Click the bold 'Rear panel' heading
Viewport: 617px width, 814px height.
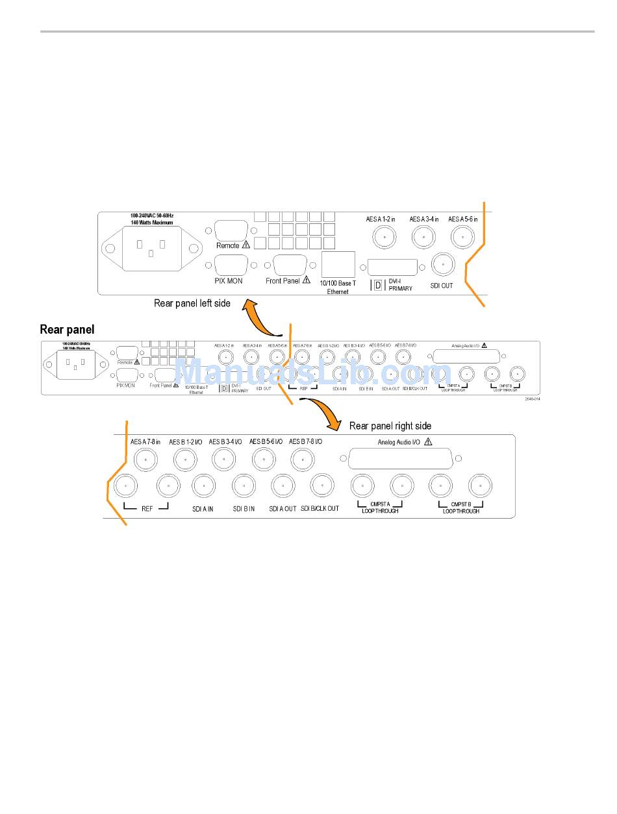(67, 329)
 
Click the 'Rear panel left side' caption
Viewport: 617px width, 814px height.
(192, 303)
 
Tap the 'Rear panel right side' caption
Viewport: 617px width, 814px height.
(390, 426)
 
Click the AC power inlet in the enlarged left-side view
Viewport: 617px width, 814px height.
(150, 248)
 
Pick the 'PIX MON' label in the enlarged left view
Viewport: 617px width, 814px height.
(229, 281)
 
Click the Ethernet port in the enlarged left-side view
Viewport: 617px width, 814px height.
(338, 265)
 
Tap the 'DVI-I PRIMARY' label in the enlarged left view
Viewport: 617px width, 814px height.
(400, 284)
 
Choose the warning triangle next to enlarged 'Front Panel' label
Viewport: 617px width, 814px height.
(307, 280)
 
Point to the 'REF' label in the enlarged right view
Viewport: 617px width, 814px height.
(147, 509)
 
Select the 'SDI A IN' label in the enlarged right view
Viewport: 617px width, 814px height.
(203, 509)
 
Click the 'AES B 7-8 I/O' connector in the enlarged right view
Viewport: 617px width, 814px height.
(302, 460)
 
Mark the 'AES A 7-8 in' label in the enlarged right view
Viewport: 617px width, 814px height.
(145, 442)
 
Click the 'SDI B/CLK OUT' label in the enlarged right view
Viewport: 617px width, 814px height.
(320, 509)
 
